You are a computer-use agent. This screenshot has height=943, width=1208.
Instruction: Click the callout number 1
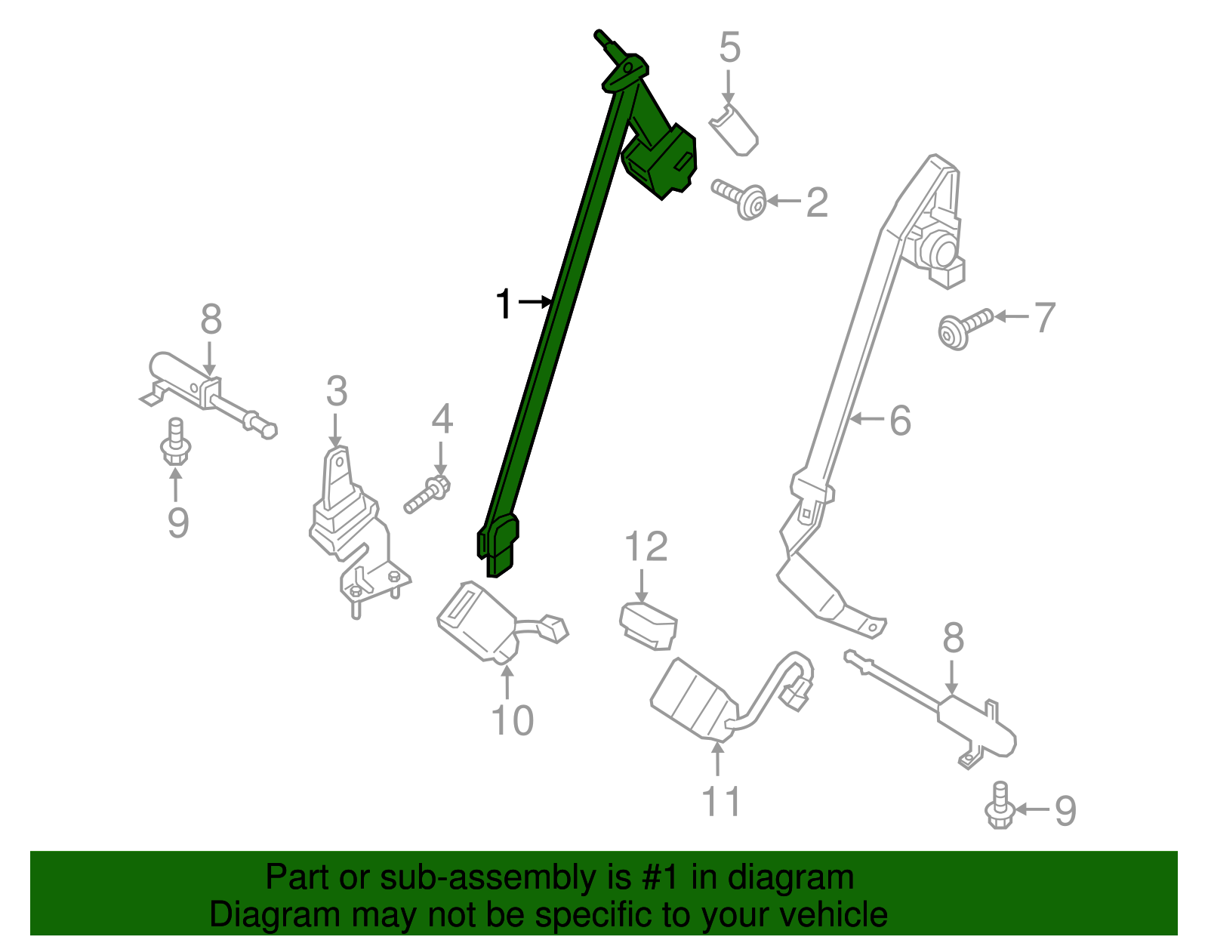tap(504, 304)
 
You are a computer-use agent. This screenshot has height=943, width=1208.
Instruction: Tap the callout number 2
tap(816, 202)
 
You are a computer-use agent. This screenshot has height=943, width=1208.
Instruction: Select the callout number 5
tap(729, 48)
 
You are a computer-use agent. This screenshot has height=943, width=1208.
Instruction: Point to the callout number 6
tap(900, 420)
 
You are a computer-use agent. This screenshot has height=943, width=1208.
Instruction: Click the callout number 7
tap(1044, 317)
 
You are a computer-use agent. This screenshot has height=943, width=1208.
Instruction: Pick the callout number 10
tap(512, 720)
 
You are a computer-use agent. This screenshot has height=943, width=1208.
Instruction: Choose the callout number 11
tap(721, 801)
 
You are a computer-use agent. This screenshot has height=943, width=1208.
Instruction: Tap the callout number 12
tap(646, 547)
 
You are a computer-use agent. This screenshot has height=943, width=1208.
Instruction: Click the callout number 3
tap(337, 392)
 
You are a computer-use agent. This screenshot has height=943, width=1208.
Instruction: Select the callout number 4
tap(442, 419)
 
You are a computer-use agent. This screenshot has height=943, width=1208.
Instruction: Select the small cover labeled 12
tap(649, 625)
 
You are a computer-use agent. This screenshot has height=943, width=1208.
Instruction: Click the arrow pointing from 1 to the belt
tap(536, 302)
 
